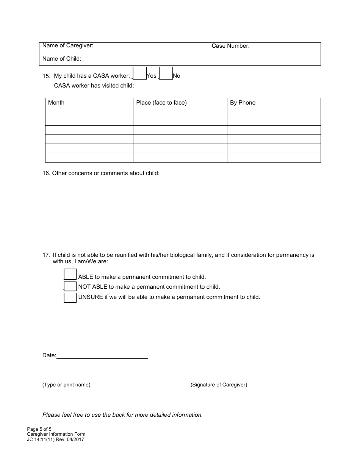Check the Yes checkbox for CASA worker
140,73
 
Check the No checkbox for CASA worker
166,73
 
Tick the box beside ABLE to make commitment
70,274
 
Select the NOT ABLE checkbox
70,286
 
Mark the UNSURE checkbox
70,297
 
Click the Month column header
56,103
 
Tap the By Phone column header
243,103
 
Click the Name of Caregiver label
68,46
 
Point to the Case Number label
230,46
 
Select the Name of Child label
62,59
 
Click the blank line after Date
102,356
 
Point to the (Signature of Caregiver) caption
219,385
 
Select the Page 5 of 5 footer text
39,429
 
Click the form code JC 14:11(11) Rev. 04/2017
56,439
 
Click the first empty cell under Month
89,112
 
